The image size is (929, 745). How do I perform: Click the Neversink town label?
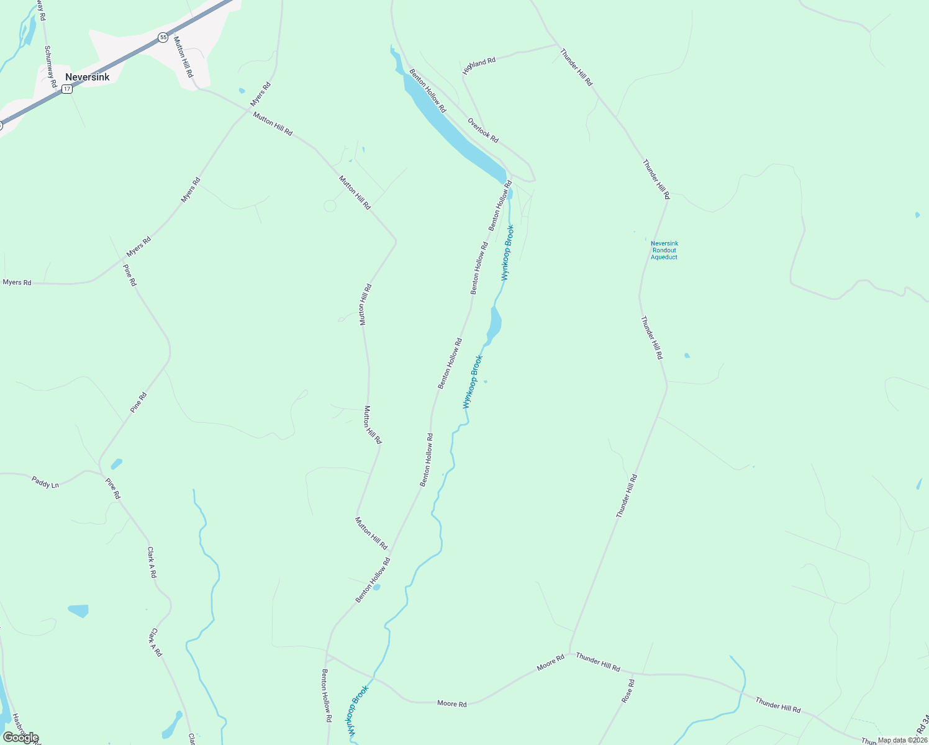[87, 77]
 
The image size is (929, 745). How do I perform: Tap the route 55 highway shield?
[163, 37]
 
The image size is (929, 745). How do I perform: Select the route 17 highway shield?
[67, 89]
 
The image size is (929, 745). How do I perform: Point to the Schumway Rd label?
[50, 66]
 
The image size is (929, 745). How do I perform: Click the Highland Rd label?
[479, 65]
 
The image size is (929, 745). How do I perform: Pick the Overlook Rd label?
[483, 130]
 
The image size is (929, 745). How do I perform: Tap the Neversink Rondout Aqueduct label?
[664, 250]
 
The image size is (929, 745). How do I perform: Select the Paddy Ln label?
[45, 481]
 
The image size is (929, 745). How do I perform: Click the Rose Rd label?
[628, 691]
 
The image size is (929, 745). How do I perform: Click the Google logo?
[20, 737]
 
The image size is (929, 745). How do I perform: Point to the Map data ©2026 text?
[902, 740]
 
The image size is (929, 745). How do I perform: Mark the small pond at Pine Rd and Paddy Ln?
[116, 464]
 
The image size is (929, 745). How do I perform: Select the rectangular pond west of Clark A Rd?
[79, 610]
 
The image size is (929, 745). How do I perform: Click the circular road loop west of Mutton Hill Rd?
[330, 205]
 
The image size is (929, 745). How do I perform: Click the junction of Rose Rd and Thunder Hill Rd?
[634, 672]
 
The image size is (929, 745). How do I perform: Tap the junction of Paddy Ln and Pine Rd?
[100, 472]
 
